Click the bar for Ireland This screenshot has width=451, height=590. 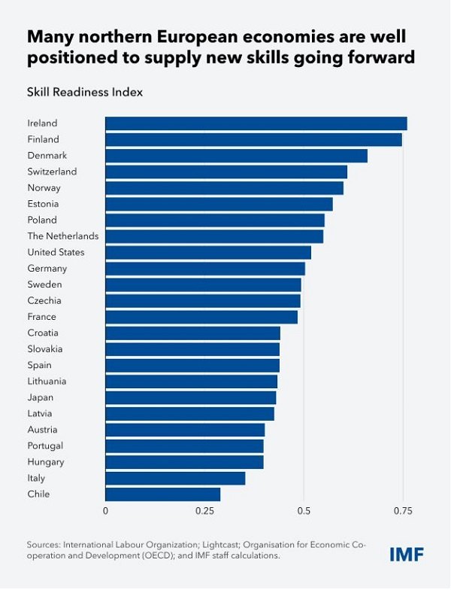(x=256, y=123)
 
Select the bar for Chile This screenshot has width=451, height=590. (x=162, y=494)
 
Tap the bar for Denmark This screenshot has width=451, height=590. (x=236, y=156)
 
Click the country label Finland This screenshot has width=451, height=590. (x=43, y=139)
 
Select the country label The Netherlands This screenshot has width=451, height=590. (x=62, y=236)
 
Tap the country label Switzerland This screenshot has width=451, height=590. (x=52, y=172)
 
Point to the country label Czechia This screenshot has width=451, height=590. (x=44, y=301)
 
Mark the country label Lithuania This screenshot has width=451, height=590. (x=47, y=382)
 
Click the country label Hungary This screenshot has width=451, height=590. (x=46, y=462)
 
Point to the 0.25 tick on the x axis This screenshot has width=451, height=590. (x=204, y=511)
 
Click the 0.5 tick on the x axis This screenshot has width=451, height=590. (x=304, y=511)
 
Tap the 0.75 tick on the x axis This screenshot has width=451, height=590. (x=403, y=511)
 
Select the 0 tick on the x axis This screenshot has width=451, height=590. (x=105, y=511)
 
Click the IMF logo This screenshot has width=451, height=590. (x=406, y=555)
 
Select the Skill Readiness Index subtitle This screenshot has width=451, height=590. (x=85, y=93)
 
